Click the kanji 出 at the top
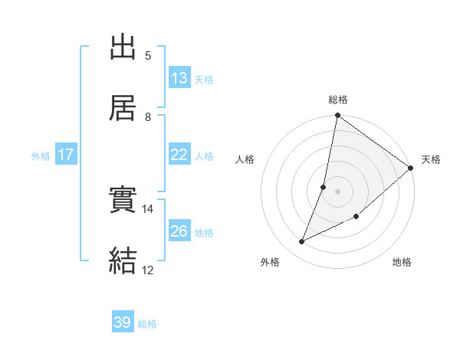tap(123, 47)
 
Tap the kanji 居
tap(123, 108)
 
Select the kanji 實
tap(123, 200)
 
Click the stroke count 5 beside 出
tap(147, 55)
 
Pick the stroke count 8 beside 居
tap(147, 116)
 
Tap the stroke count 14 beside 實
tap(148, 208)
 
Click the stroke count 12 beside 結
tap(148, 270)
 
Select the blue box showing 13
tap(179, 77)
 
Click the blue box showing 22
tap(179, 154)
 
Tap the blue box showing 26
tap(179, 231)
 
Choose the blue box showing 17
tap(66, 154)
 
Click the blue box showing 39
tap(123, 322)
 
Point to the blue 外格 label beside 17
tap(41, 155)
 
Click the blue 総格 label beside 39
tap(147, 324)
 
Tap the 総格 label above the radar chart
tap(338, 100)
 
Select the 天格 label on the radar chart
tap(431, 159)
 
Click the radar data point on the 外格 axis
tap(302, 242)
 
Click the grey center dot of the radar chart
tap(338, 191)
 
